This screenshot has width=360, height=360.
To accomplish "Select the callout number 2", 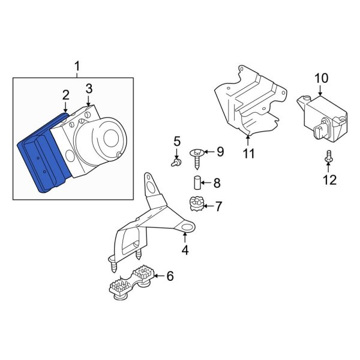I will [x=65, y=95].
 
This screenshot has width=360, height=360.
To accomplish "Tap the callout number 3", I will [x=89, y=89].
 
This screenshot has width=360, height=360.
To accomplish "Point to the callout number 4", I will [x=185, y=250].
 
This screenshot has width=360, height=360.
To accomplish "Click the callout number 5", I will [x=177, y=142].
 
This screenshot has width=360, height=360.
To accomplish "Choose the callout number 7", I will [x=218, y=207].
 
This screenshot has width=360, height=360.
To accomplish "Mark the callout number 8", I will [x=217, y=182].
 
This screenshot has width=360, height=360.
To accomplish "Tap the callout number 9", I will [x=220, y=152].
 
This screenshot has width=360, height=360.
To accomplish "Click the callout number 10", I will [x=322, y=78].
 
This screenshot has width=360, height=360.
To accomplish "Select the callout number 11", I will [x=248, y=154].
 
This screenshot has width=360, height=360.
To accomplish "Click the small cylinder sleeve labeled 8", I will [x=196, y=182].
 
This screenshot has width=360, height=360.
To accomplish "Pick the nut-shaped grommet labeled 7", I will [x=196, y=205].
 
